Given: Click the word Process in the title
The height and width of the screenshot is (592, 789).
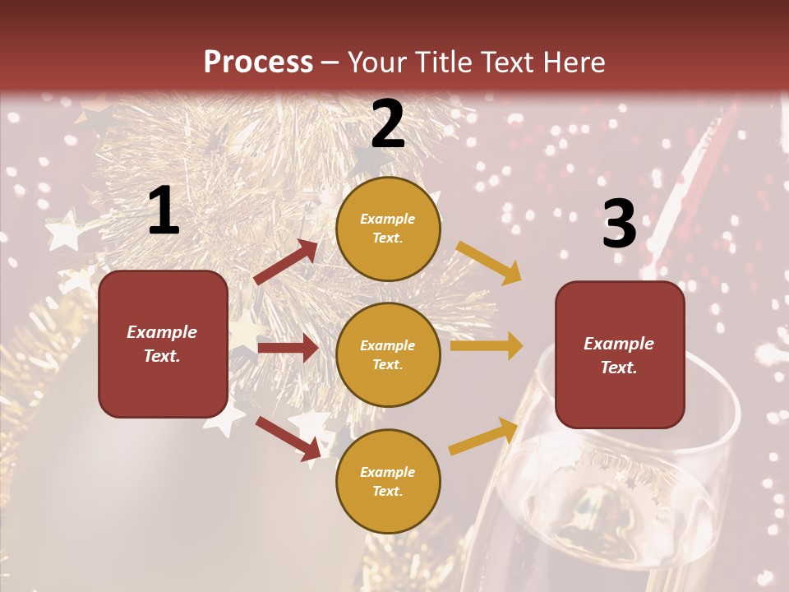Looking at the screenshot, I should (x=258, y=62).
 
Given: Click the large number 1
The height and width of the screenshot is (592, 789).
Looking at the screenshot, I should (x=164, y=210).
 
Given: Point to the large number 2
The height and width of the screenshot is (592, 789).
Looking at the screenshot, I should (x=388, y=124).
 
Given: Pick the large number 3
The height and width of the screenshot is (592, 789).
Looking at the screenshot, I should (x=620, y=224).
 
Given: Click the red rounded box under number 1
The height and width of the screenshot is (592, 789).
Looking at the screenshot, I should (x=163, y=344).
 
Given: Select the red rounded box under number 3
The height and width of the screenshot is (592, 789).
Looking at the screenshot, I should (x=620, y=354).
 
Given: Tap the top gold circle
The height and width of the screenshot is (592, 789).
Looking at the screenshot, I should (x=388, y=229).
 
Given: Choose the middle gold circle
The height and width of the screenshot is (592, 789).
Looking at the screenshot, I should (x=388, y=354).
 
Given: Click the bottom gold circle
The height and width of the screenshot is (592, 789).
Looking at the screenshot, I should (x=388, y=481).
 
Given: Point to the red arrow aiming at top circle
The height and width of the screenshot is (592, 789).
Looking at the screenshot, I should (x=286, y=262).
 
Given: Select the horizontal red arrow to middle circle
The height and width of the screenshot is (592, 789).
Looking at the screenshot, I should (x=288, y=348).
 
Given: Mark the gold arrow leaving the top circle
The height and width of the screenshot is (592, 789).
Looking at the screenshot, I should (x=489, y=263).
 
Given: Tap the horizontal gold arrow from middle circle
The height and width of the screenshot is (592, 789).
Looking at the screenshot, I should (x=486, y=346).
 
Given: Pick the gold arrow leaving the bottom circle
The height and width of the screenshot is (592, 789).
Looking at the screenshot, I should (x=484, y=436).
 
